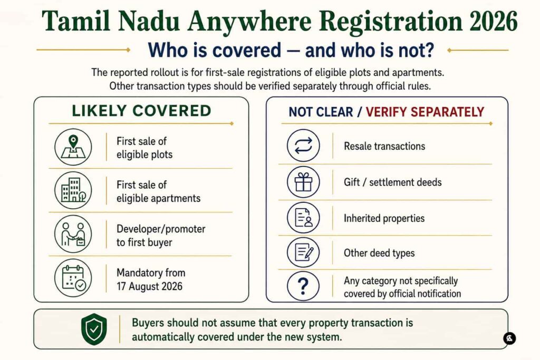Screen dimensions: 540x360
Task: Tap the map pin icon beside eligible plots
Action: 73,147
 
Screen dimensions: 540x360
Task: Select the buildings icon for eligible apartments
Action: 73,190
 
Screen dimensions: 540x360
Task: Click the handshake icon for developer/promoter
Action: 73,234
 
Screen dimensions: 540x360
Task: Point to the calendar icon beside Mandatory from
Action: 73,278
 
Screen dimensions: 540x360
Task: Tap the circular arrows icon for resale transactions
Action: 303,145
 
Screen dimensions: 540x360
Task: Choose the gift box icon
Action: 303,182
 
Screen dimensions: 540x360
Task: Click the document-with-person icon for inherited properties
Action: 303,218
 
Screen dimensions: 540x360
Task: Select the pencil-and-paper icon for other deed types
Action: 303,252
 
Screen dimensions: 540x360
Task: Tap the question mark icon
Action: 303,286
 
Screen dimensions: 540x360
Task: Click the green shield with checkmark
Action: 94,329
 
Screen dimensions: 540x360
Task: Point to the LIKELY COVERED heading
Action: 141,111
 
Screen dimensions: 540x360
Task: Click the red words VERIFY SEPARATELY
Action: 425,112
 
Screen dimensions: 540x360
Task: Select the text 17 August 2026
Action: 149,286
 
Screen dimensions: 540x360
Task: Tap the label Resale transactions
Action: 384,147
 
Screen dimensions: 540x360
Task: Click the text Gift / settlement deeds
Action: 392,182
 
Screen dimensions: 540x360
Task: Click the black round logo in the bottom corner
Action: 509,338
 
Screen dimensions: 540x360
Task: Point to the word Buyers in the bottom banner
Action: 148,323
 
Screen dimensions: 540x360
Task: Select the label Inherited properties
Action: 384,218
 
